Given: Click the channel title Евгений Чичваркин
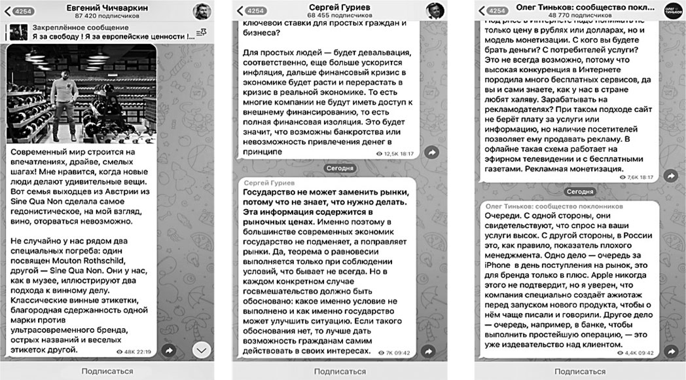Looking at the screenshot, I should (108, 7).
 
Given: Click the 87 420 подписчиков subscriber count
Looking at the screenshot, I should (108, 16).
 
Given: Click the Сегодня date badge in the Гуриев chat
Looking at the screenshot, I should (340, 168).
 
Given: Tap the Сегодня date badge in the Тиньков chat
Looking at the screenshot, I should (579, 191).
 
